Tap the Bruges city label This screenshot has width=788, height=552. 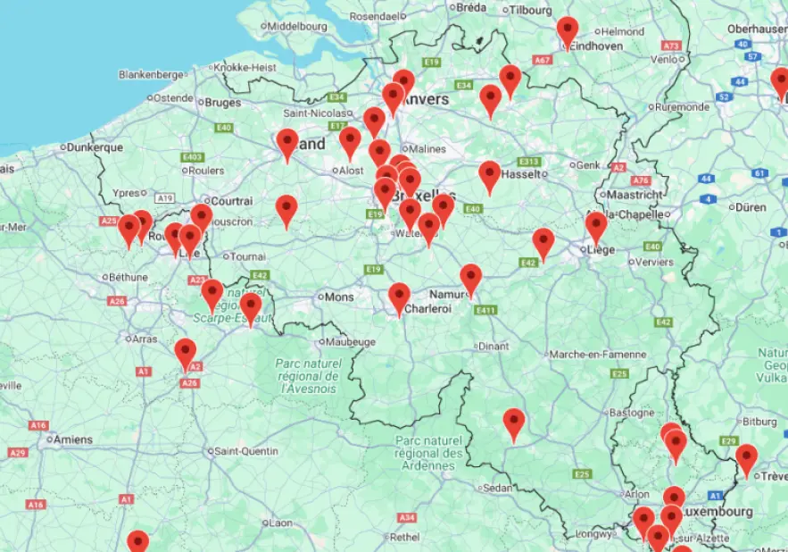(223, 103)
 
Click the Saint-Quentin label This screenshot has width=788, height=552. (247, 451)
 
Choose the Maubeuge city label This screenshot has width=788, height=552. (348, 341)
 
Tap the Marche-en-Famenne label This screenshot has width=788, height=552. (596, 355)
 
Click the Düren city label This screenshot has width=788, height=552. (751, 207)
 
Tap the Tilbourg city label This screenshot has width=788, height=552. (531, 10)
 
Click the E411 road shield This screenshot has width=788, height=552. (485, 310)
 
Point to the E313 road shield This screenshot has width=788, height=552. (530, 162)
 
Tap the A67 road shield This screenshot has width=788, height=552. (542, 60)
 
